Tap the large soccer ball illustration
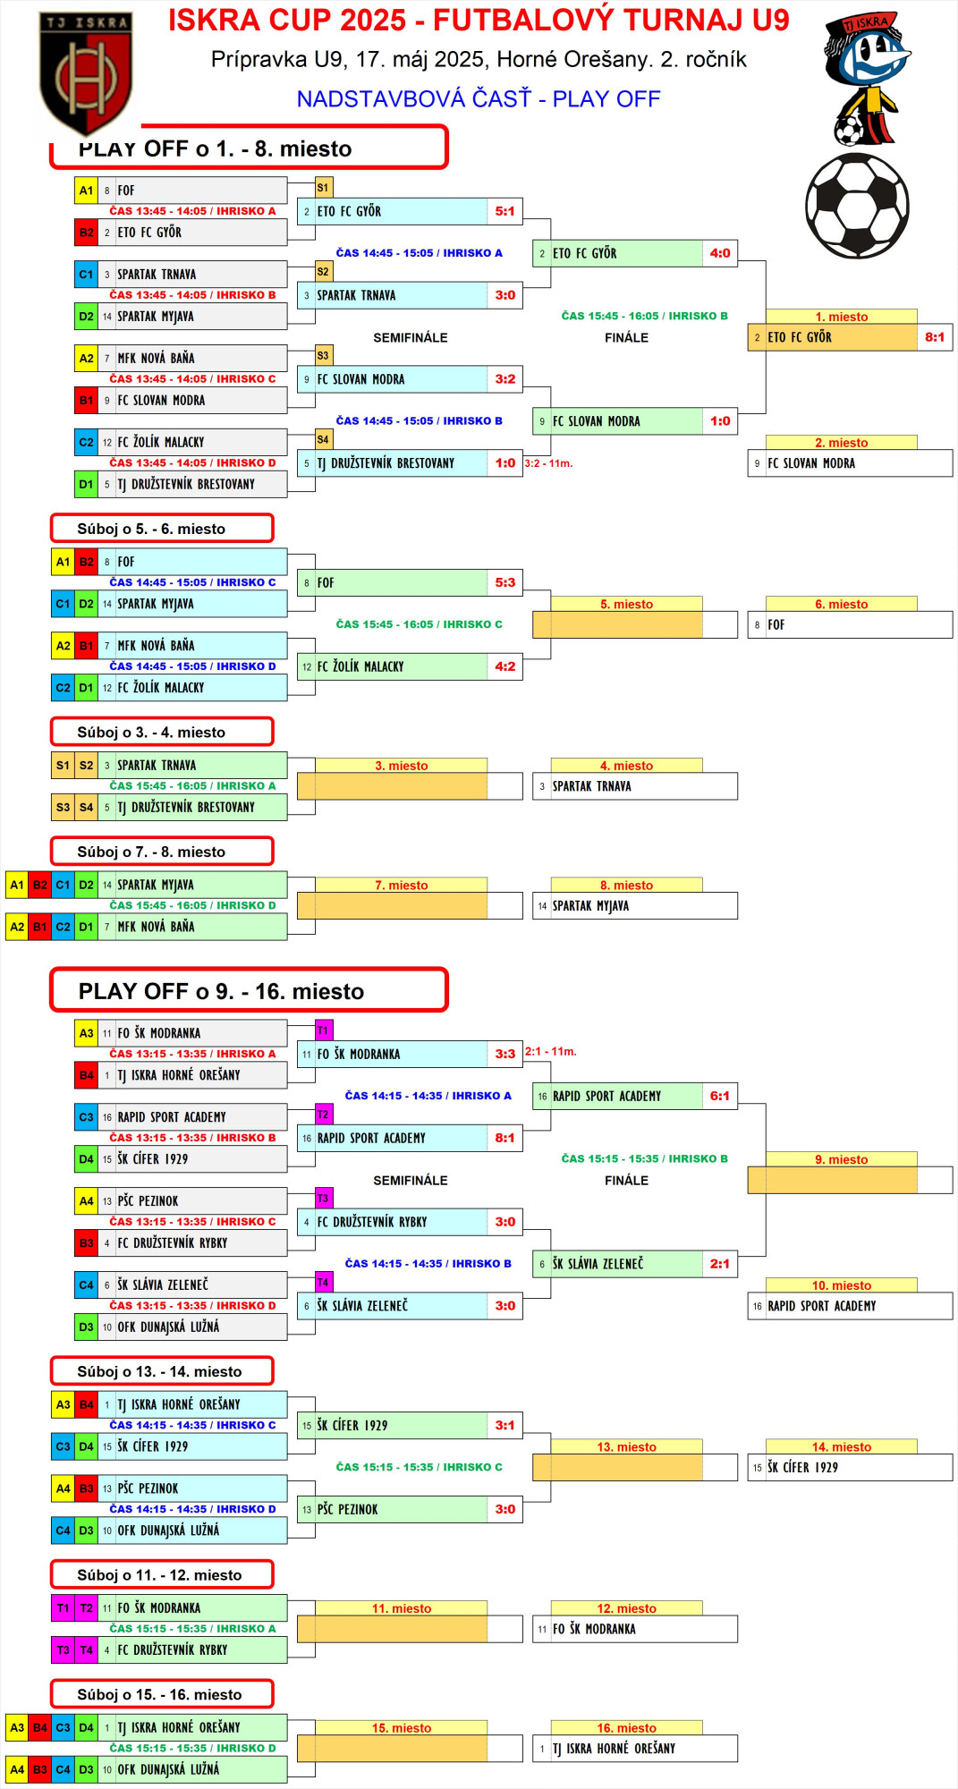point(857,206)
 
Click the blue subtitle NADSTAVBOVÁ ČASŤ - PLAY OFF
point(479,98)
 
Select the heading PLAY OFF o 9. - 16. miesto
point(221,991)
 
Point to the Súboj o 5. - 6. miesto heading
point(151,529)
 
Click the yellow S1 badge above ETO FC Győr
point(323,188)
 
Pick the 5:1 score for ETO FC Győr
point(505,211)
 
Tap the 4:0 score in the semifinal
point(720,253)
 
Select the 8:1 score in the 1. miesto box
point(935,337)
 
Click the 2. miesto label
point(841,443)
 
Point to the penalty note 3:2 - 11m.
point(548,463)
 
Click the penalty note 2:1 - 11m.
point(550,1051)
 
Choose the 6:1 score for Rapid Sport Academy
point(720,1096)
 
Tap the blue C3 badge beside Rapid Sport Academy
point(86,1116)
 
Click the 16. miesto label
point(626,1728)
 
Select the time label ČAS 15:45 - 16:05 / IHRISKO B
point(644,316)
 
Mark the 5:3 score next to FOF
point(505,582)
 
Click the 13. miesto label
point(626,1446)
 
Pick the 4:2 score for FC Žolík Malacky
point(505,666)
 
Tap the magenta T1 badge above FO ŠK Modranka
point(323,1030)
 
